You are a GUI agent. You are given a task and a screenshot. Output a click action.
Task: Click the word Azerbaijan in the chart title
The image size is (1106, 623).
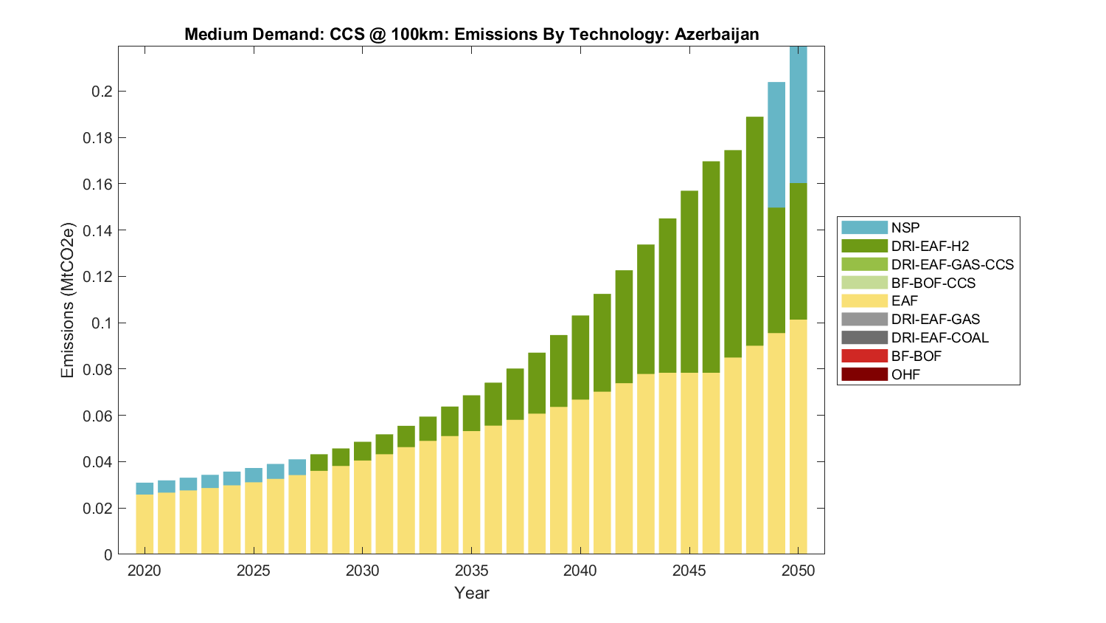716,34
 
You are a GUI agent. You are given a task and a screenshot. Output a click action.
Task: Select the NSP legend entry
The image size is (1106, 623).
905,227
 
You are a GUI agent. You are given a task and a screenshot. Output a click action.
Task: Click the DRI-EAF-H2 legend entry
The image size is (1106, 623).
930,246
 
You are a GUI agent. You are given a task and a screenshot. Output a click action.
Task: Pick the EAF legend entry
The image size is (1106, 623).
905,301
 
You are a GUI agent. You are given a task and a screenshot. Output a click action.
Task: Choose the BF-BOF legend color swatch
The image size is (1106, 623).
864,356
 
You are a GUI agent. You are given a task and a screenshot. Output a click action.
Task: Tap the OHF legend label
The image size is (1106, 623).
905,374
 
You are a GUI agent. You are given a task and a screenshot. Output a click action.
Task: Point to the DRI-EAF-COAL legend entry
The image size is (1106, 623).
939,337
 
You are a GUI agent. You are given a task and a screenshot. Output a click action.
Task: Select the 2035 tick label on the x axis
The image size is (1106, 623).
471,571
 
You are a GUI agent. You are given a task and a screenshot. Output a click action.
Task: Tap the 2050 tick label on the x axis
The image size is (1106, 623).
799,571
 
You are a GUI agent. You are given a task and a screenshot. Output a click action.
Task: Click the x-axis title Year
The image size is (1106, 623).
471,593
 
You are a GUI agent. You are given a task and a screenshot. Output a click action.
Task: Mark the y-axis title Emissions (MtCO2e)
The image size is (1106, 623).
68,300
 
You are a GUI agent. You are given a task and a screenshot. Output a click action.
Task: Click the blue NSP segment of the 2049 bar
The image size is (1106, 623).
776,145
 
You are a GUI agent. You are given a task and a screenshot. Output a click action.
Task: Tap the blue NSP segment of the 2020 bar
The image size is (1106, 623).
145,489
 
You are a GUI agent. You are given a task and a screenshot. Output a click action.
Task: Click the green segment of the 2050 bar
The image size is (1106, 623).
798,251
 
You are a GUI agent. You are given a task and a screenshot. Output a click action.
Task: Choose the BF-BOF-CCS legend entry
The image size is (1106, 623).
933,283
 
